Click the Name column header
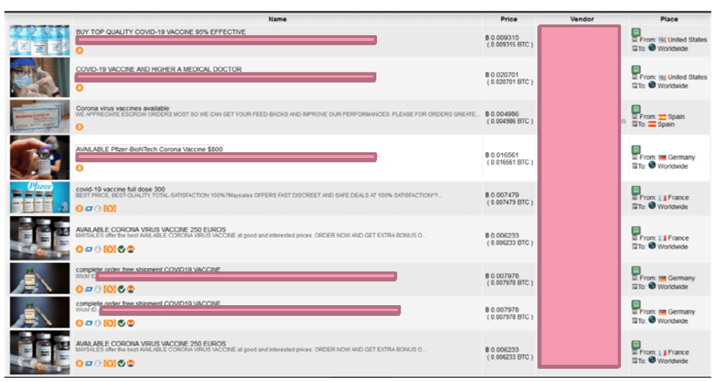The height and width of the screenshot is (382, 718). tap(277, 19)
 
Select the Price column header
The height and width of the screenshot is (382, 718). tap(508, 19)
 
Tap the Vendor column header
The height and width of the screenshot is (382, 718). tap(582, 19)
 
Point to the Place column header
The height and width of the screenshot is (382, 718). tap(668, 19)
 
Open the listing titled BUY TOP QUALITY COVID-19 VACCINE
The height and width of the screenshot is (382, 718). tap(161, 32)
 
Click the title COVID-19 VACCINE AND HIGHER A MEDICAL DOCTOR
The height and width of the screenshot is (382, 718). tap(159, 70)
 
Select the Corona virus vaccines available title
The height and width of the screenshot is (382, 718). tap(123, 108)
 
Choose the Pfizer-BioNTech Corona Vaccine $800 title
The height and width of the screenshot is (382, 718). tap(149, 149)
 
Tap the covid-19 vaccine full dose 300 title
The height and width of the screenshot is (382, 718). tap(121, 190)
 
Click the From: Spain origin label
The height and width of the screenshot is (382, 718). tap(662, 116)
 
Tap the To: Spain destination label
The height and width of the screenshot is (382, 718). tap(659, 124)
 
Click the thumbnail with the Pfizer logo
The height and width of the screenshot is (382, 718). tap(40, 197)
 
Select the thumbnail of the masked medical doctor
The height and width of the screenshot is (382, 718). tap(40, 77)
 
